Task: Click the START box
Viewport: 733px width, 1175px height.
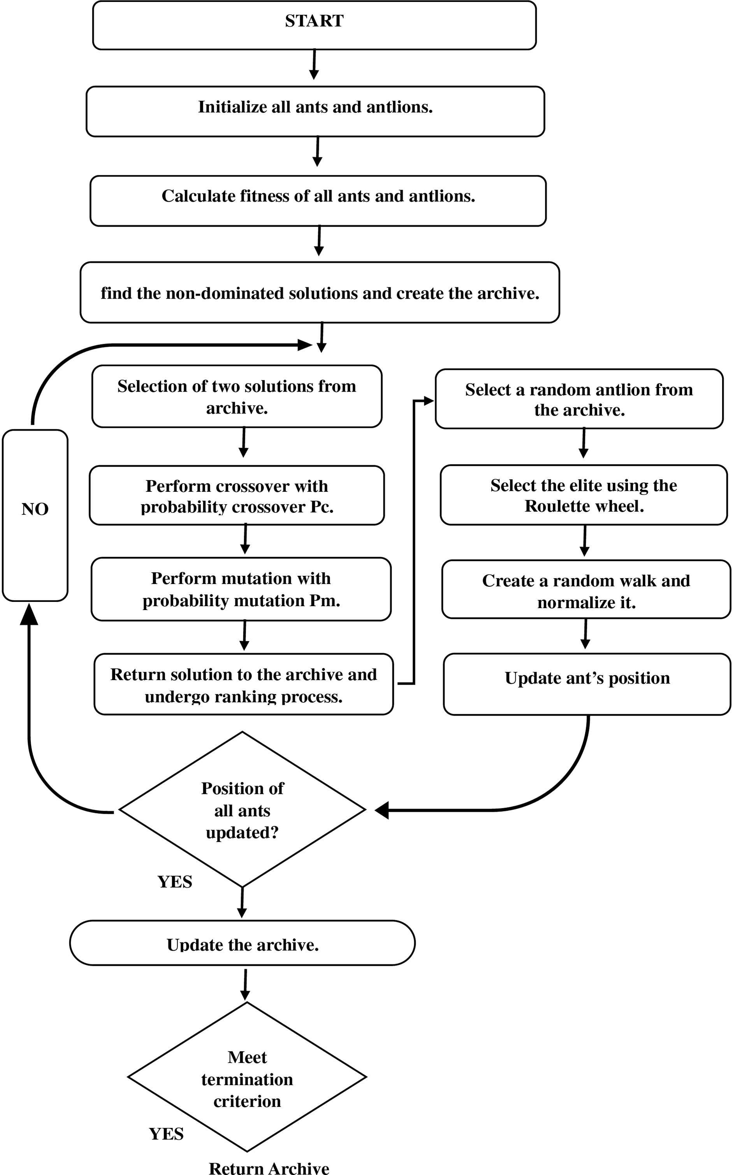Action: tap(314, 25)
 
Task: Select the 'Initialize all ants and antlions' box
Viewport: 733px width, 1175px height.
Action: tap(315, 111)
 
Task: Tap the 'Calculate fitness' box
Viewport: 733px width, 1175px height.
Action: tap(318, 201)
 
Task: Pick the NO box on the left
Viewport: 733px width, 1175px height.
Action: tap(35, 515)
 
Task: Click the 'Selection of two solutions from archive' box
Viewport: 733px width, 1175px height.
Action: tap(237, 396)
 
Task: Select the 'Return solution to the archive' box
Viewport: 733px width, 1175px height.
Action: tap(243, 684)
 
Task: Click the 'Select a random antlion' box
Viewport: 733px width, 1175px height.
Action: tap(579, 399)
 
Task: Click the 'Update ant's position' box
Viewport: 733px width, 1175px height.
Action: tap(587, 684)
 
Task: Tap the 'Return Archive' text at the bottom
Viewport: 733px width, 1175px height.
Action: tap(269, 1167)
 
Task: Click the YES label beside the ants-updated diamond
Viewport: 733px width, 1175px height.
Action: tap(175, 882)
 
